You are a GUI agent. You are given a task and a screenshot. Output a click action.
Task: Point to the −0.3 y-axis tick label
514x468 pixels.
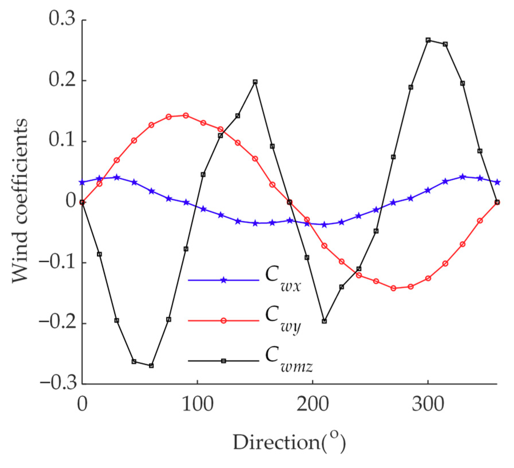point(59,383)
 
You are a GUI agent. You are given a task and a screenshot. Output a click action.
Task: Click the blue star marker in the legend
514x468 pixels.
point(224,280)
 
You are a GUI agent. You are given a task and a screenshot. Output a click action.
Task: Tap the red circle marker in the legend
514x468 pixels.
point(224,320)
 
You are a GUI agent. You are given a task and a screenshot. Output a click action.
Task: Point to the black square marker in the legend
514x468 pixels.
point(224,361)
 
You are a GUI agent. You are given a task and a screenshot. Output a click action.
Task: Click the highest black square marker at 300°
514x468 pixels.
point(428,40)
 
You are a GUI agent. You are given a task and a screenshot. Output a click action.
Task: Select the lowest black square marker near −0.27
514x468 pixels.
point(151,365)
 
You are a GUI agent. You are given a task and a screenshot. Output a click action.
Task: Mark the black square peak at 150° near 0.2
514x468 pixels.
point(255,82)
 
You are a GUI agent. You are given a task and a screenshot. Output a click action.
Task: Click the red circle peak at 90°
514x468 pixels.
point(186,115)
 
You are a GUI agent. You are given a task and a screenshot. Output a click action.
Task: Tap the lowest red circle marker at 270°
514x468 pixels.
point(393,288)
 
